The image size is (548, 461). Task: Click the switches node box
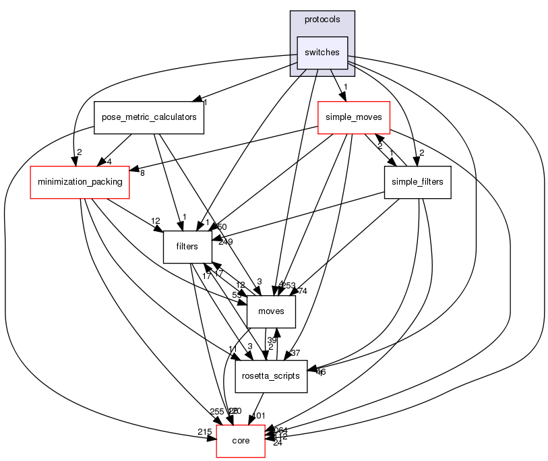(x=322, y=53)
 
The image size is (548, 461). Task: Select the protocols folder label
(x=322, y=20)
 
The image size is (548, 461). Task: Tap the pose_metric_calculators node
(x=149, y=117)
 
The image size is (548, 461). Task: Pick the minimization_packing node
(x=80, y=182)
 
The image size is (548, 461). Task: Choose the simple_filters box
(x=417, y=182)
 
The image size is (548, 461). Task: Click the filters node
(x=187, y=247)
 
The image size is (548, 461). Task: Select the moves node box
(x=271, y=311)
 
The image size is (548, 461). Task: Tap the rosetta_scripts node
(x=271, y=376)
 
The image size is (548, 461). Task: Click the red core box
(x=241, y=441)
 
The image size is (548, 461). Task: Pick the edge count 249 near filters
(x=225, y=241)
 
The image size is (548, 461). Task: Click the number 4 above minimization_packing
(x=108, y=162)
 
